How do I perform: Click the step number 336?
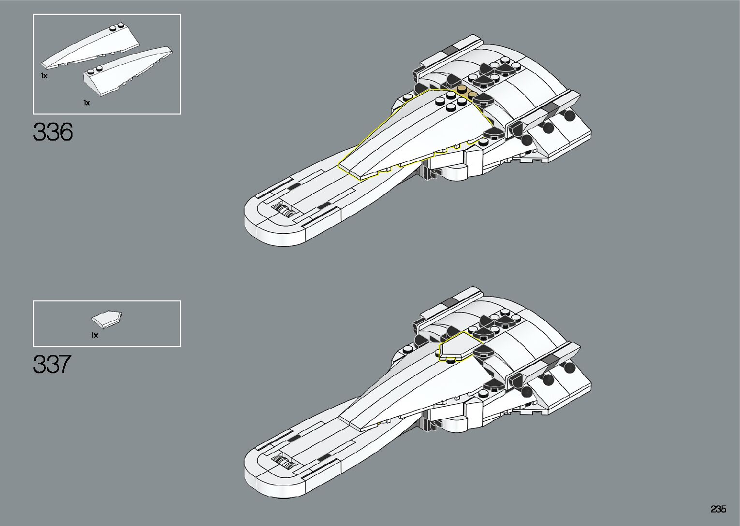[53, 132]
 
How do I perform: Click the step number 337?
[52, 364]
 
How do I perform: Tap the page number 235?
[718, 509]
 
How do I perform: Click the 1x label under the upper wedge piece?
[44, 76]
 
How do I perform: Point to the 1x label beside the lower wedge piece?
[87, 102]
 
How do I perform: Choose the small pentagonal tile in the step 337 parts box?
[107, 319]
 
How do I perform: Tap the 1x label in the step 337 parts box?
[95, 335]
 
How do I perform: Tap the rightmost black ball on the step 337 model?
[569, 368]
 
